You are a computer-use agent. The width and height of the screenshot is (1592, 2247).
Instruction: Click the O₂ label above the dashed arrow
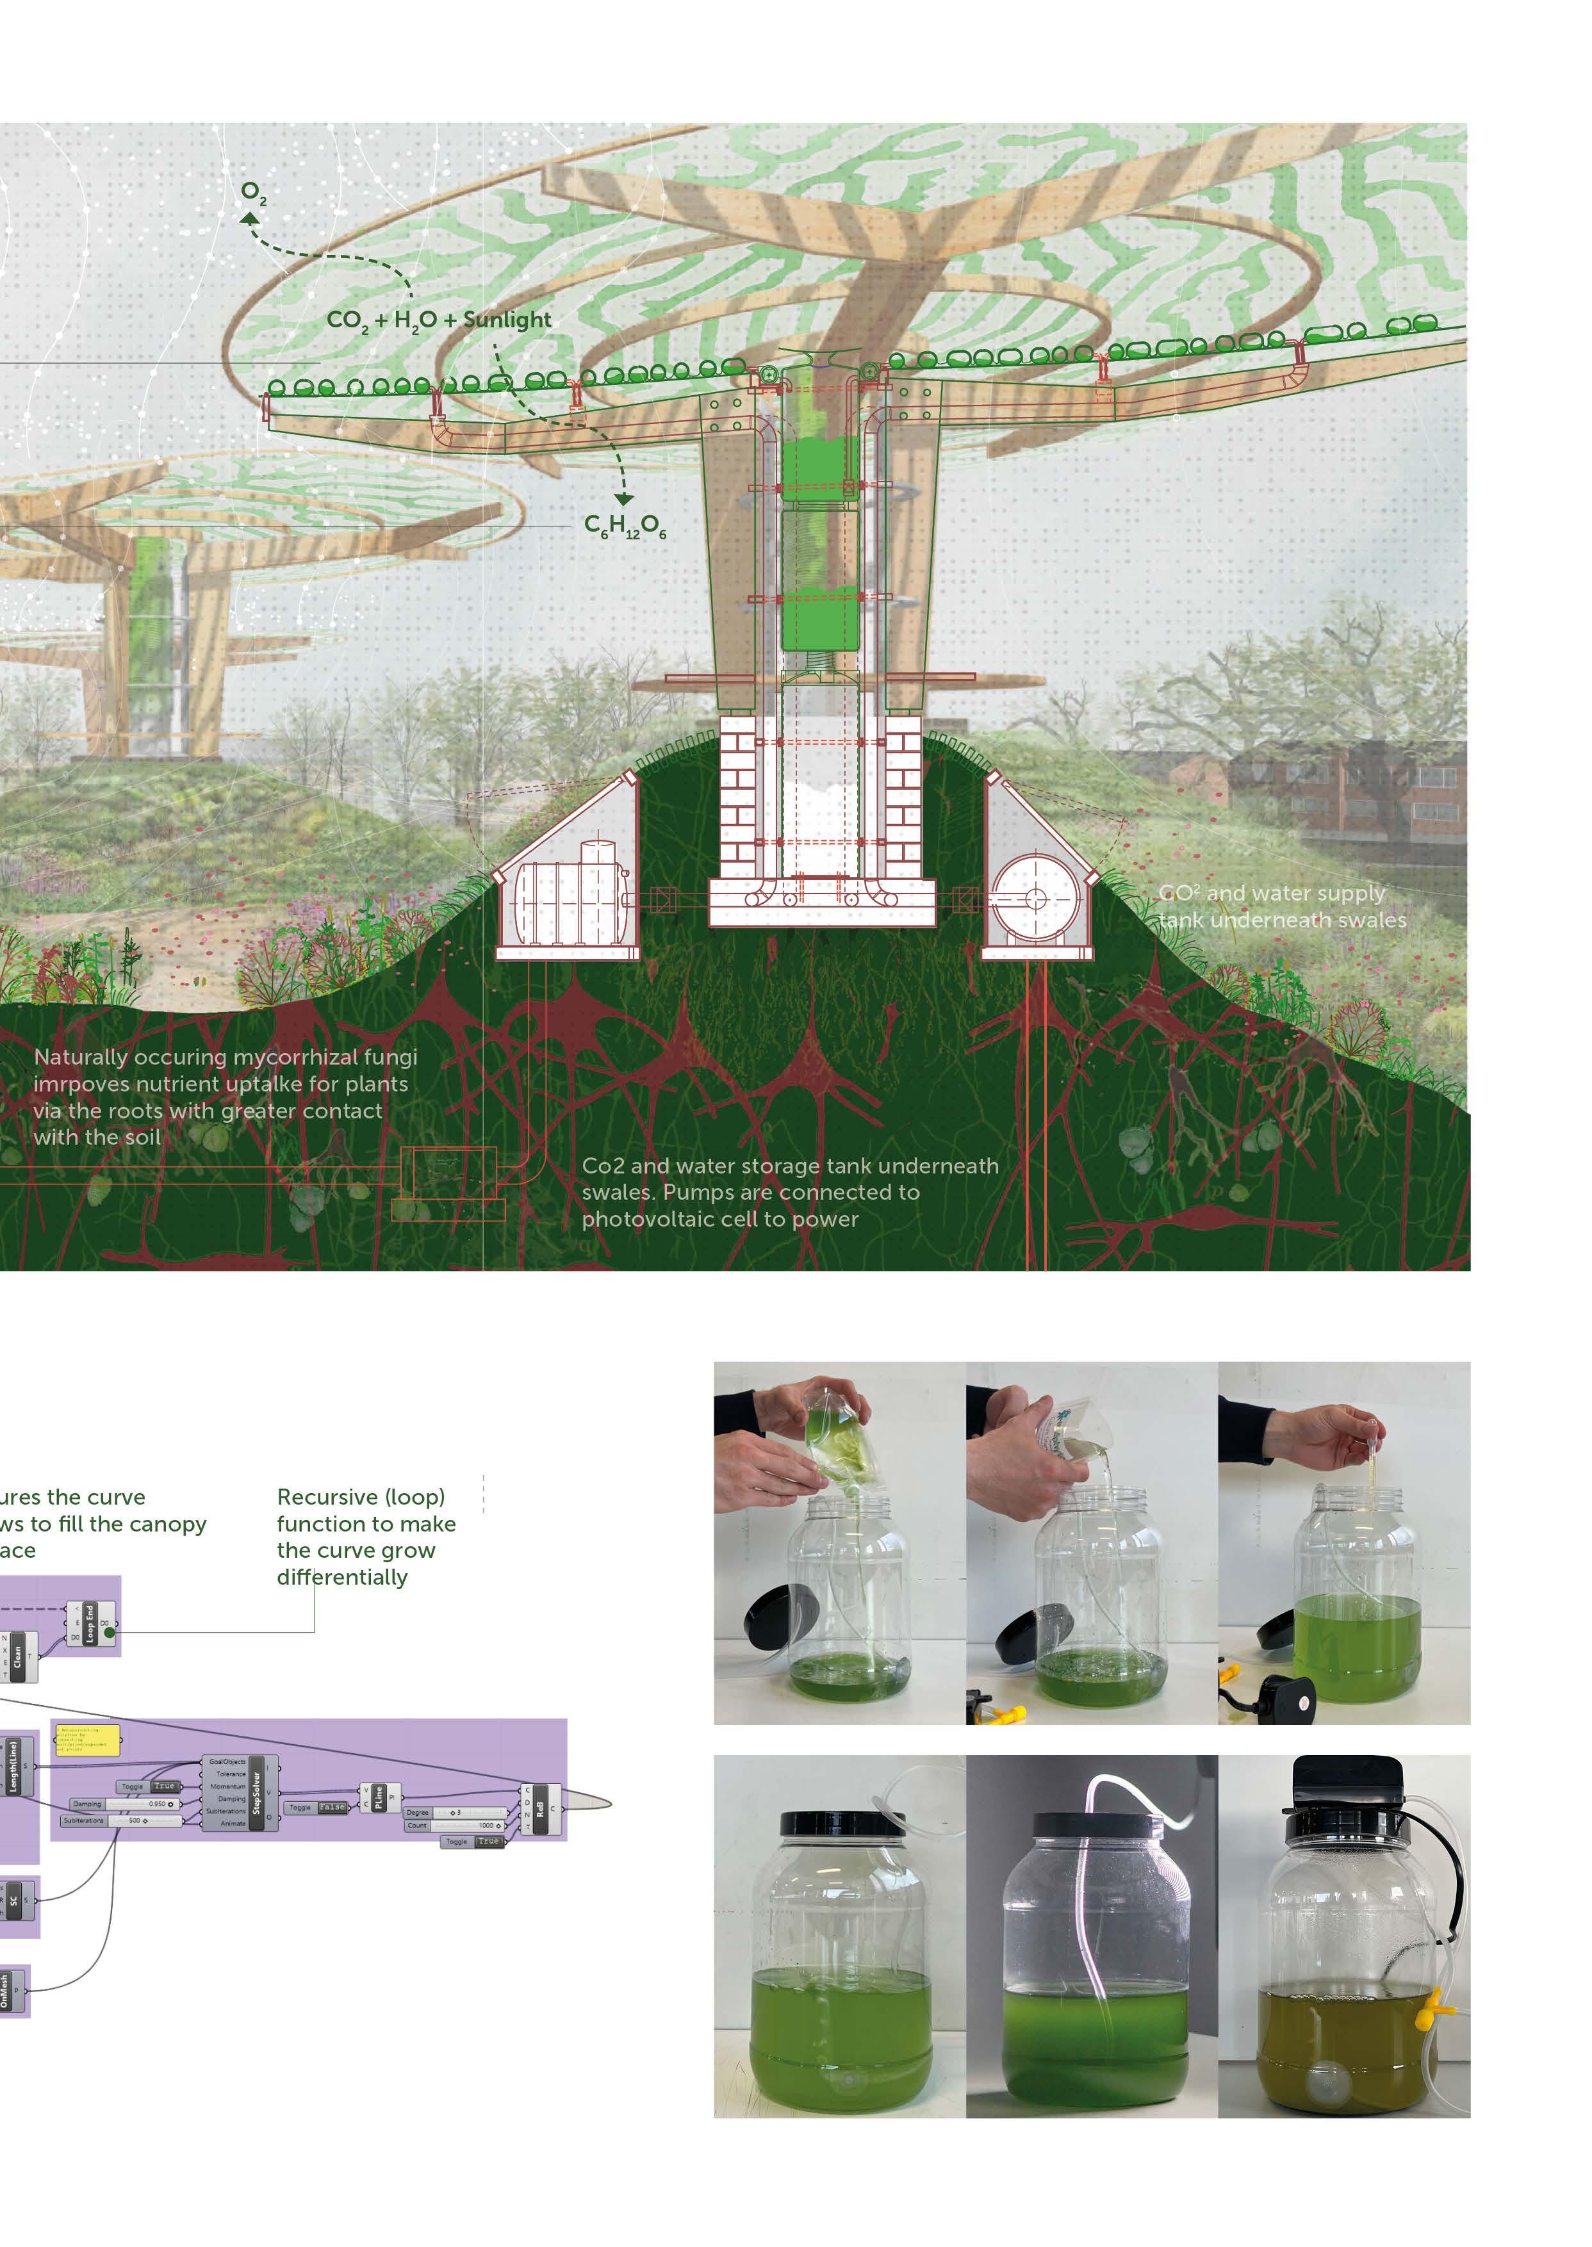(x=253, y=194)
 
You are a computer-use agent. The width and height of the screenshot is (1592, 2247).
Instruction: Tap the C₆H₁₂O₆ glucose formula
(x=625, y=527)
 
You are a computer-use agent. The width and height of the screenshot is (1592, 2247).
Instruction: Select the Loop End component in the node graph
(x=90, y=1622)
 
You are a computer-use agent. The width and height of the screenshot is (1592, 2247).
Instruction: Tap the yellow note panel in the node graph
(x=87, y=1740)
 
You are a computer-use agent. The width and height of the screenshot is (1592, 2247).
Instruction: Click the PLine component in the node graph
(x=379, y=1797)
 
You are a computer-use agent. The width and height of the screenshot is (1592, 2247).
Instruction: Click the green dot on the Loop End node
(x=109, y=1633)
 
